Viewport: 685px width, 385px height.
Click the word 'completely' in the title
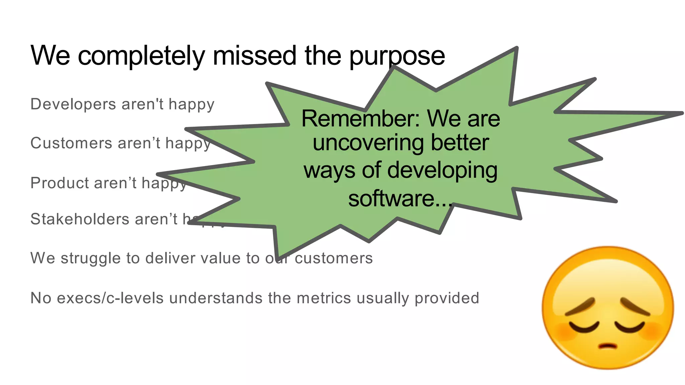click(x=141, y=55)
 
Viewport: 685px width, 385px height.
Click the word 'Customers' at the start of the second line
click(x=71, y=143)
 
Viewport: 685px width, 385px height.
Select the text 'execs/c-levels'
click(x=110, y=298)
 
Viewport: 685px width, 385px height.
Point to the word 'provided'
click(x=447, y=298)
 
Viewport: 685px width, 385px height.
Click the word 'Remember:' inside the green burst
click(x=361, y=119)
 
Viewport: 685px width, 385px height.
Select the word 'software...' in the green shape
click(x=400, y=199)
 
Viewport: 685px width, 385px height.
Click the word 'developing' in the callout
click(x=442, y=170)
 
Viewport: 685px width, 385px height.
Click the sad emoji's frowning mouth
click(x=608, y=346)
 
